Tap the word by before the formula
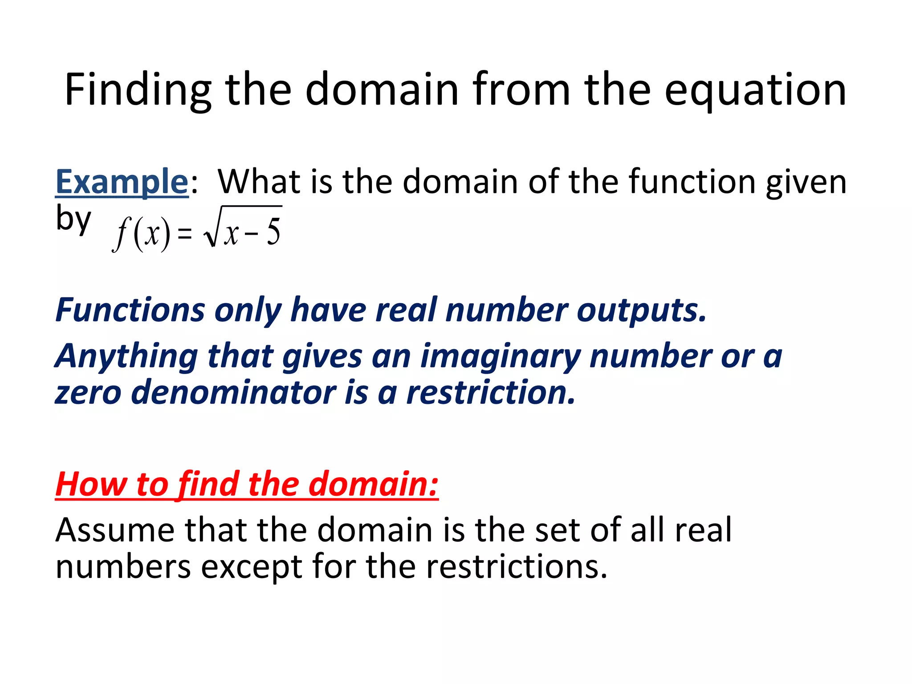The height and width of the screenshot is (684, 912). [73, 219]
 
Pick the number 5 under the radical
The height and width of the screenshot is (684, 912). [273, 232]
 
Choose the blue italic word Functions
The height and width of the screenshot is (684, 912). [130, 310]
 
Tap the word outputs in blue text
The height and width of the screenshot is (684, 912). [641, 311]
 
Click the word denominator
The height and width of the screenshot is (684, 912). [233, 393]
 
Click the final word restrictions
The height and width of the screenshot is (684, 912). [517, 566]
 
